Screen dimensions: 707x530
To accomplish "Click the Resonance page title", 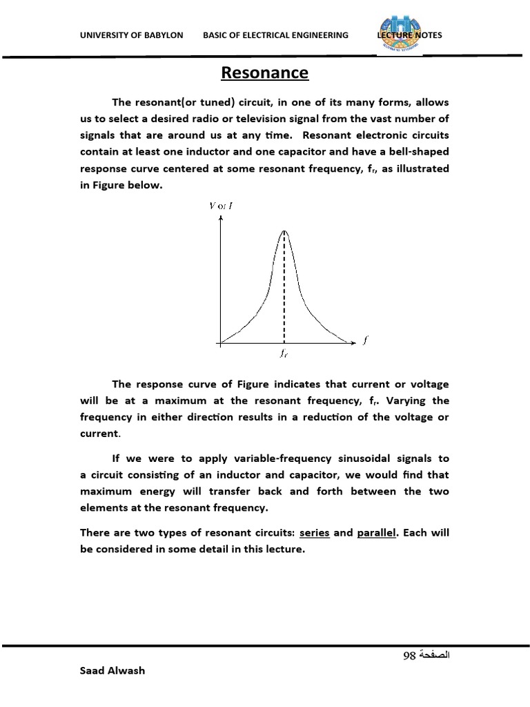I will [x=265, y=73].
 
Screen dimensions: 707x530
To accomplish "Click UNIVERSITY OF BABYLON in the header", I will [x=132, y=35].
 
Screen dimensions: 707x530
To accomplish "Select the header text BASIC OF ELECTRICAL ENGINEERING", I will [x=276, y=35].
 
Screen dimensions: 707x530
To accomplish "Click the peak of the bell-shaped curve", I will [x=284, y=231].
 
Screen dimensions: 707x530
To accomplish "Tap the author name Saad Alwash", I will [x=112, y=670].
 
